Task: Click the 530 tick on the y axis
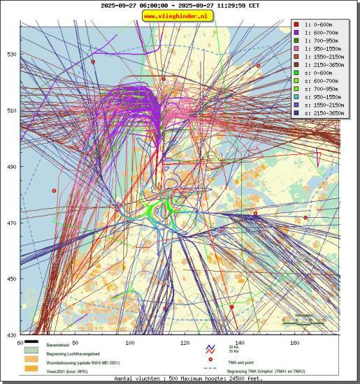11,54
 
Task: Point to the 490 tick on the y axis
11,167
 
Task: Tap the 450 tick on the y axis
11,279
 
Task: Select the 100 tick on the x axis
129,343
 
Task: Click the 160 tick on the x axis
294,343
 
